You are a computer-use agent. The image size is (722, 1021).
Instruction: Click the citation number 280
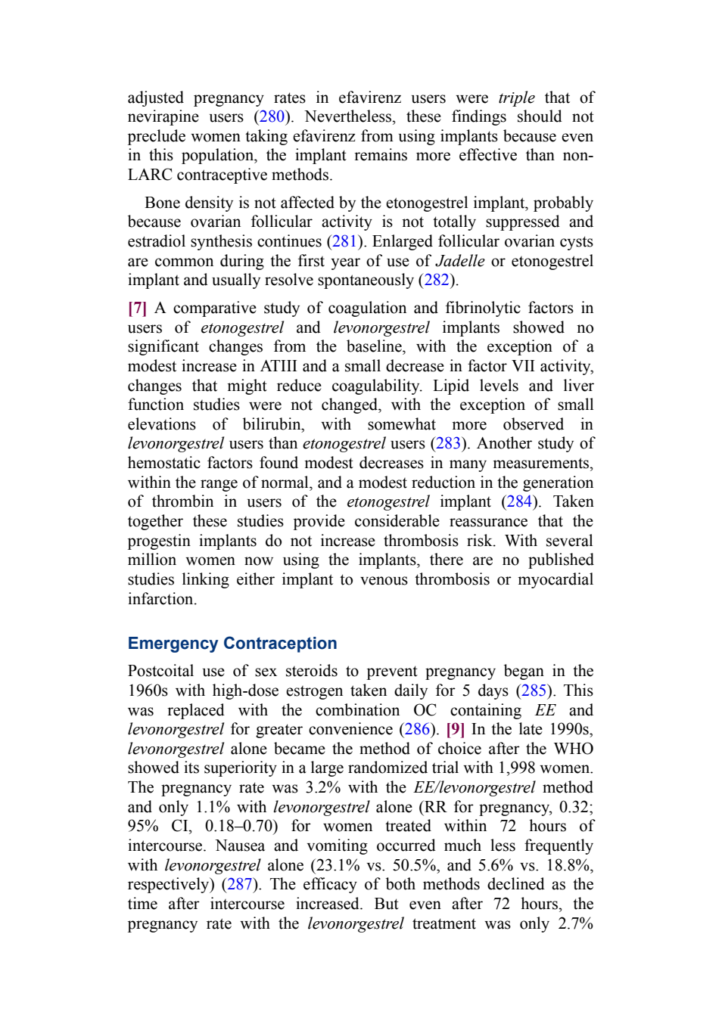click(x=272, y=117)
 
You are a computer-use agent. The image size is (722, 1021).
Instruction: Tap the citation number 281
click(x=344, y=241)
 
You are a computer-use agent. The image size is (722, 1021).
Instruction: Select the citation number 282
click(x=437, y=281)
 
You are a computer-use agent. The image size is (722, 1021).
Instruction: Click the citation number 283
click(x=448, y=443)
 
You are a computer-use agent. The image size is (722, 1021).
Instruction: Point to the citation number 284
click(x=519, y=502)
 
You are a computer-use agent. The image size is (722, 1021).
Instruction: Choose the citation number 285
click(x=534, y=691)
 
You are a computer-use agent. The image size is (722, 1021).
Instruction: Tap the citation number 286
click(x=417, y=729)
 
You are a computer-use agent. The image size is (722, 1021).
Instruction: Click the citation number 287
click(x=239, y=885)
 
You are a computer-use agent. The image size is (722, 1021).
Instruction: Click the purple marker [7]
click(x=137, y=309)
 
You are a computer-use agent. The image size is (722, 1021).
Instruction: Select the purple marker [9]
click(x=455, y=729)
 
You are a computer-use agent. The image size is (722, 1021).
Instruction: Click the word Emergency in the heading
click(x=173, y=644)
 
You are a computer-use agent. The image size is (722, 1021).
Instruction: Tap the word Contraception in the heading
click(x=280, y=643)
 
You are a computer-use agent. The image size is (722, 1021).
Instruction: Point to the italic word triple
click(x=516, y=98)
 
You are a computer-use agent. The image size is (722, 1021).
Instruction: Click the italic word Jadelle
click(x=460, y=261)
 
